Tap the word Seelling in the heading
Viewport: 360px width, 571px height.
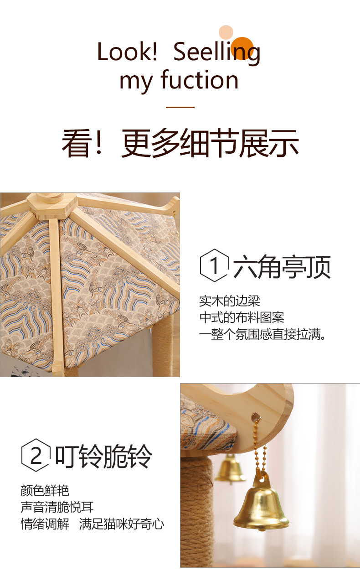pos(216,53)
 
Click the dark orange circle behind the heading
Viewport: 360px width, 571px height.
pos(242,48)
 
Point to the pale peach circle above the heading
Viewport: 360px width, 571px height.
pos(226,32)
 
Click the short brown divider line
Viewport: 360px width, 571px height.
pos(180,107)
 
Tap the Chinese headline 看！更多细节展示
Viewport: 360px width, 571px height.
pos(180,143)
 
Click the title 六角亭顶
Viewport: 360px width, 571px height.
pos(282,267)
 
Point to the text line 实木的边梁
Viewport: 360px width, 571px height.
pos(230,301)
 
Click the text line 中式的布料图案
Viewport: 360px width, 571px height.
pos(242,317)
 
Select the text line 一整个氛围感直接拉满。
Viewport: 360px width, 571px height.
pos(262,334)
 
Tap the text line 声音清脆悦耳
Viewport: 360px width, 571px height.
pos(57,507)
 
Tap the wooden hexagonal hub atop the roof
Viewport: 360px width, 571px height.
pos(52,206)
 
